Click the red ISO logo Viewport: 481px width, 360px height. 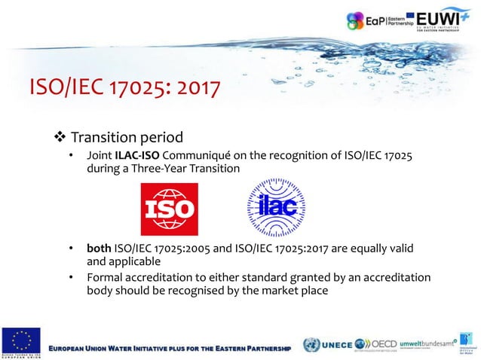(x=169, y=209)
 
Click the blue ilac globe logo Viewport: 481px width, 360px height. (x=277, y=209)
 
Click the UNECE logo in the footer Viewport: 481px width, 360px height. (x=329, y=343)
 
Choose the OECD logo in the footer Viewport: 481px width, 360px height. (x=375, y=343)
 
